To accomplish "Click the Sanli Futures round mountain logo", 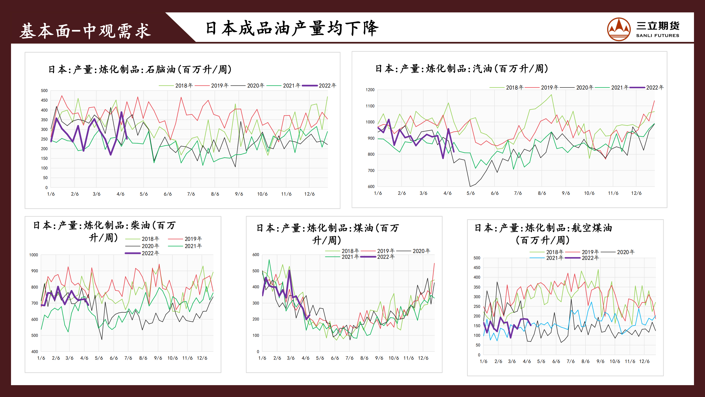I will tap(619, 29).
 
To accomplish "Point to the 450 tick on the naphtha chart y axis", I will tap(44, 100).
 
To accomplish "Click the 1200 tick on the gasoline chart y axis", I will tap(370, 90).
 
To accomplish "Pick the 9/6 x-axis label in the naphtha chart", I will tap(239, 194).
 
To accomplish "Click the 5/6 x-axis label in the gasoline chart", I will tap(470, 193).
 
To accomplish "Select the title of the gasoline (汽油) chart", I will tap(462, 69).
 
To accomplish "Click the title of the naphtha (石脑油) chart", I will tap(140, 69).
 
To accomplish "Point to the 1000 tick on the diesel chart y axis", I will tap(34, 255).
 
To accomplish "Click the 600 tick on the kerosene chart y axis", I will tap(256, 255).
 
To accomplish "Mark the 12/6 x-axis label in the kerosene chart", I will tap(423, 358).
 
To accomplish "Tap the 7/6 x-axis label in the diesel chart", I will tap(128, 358).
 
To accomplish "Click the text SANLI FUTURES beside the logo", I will tap(657, 36).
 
